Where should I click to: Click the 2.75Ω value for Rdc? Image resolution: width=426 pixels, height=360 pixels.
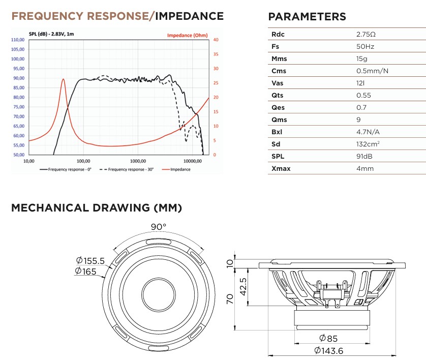pyautogui.click(x=366, y=34)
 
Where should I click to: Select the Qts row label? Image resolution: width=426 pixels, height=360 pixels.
pyautogui.click(x=277, y=96)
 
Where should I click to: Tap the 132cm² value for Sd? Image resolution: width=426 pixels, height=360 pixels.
pyautogui.click(x=368, y=144)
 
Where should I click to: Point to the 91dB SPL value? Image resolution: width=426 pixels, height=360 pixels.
pyautogui.click(x=364, y=156)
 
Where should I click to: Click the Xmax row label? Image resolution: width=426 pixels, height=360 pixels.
pyautogui.click(x=281, y=168)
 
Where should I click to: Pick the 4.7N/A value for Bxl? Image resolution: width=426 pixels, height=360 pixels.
pyautogui.click(x=368, y=132)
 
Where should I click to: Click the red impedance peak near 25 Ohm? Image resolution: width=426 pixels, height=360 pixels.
pyautogui.click(x=64, y=79)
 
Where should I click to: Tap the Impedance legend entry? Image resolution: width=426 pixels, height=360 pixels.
pyautogui.click(x=176, y=169)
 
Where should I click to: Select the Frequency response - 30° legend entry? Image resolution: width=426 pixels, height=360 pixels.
pyautogui.click(x=127, y=169)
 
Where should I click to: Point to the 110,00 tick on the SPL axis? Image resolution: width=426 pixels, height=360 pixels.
pyautogui.click(x=18, y=40)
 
